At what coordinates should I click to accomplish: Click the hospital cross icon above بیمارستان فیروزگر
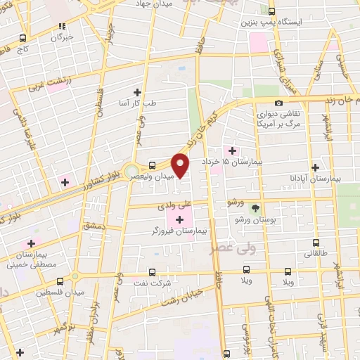coord(179,220)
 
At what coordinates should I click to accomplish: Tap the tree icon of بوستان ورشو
coord(255,208)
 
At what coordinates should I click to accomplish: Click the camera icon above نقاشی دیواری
coord(279,103)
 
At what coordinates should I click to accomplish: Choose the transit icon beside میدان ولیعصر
coord(152,166)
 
